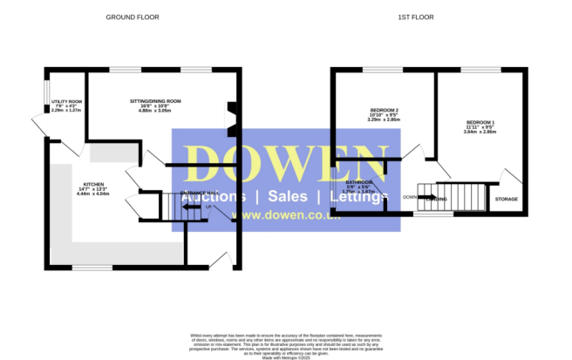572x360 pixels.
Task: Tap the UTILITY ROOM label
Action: [x=66, y=97]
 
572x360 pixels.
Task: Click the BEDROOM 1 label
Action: [x=480, y=122]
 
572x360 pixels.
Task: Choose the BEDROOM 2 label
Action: [x=384, y=110]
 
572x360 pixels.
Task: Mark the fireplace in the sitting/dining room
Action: [x=232, y=121]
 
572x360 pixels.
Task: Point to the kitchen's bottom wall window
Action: [x=92, y=267]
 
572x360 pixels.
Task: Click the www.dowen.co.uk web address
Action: [x=267, y=215]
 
